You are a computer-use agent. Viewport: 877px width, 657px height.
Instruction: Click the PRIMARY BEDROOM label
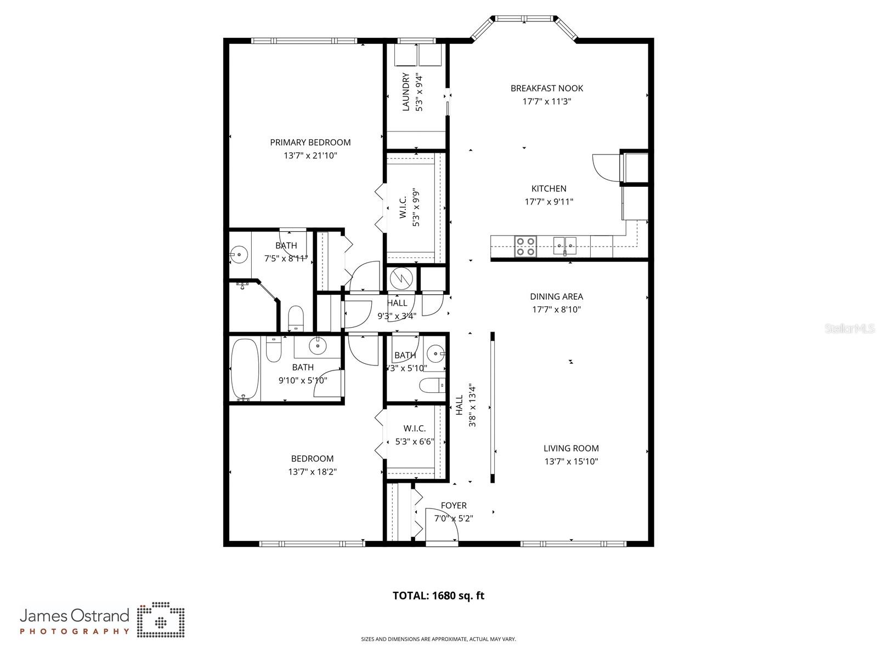[310, 142]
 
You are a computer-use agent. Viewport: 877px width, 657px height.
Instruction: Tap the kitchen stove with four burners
[525, 247]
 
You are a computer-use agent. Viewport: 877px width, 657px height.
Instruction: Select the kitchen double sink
[565, 245]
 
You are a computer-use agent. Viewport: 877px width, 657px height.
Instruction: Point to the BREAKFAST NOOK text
[546, 88]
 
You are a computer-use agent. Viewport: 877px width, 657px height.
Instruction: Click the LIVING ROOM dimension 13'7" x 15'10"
[570, 461]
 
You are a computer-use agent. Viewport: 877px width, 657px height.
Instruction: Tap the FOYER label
[454, 505]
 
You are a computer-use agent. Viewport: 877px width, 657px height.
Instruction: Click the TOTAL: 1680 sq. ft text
[438, 596]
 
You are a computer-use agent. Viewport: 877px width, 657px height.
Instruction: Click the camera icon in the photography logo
[161, 621]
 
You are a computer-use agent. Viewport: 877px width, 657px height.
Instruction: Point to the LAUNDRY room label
[406, 92]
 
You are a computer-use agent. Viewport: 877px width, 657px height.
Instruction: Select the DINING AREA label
[556, 296]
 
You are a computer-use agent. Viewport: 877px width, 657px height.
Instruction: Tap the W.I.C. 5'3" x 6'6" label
[415, 435]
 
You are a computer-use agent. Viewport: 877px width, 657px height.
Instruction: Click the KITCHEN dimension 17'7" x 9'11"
[548, 202]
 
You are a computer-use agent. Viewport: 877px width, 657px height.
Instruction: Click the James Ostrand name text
[75, 615]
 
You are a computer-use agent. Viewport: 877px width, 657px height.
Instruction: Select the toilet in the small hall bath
[432, 386]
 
